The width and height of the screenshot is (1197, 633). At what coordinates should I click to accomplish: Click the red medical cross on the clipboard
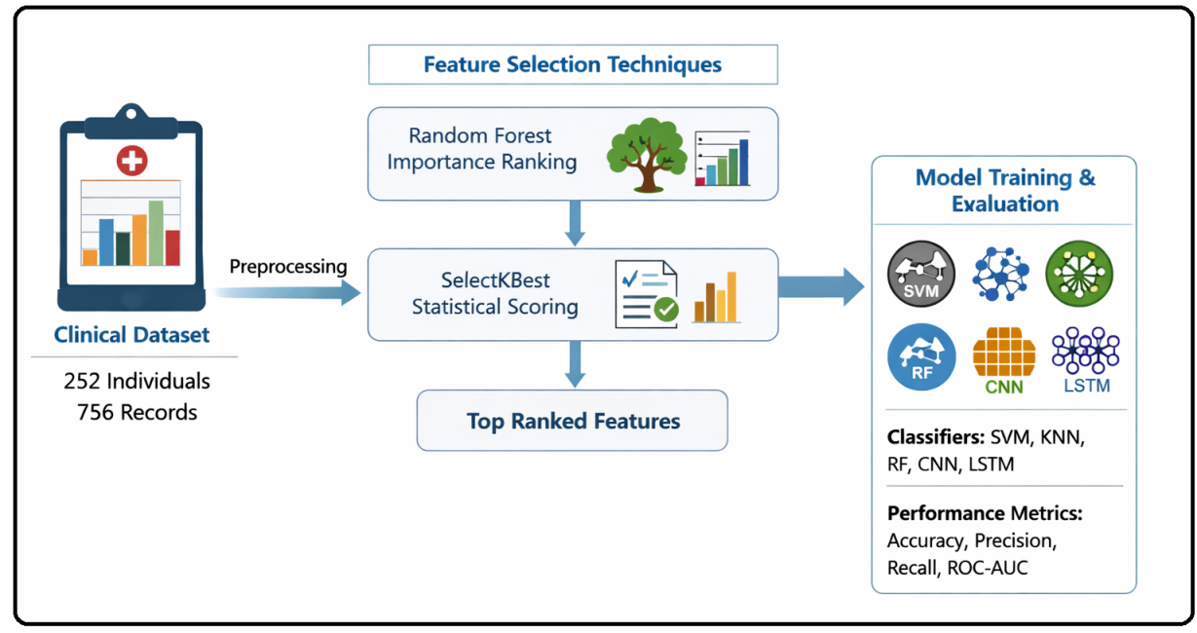(131, 160)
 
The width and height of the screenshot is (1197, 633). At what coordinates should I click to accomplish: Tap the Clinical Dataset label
(131, 335)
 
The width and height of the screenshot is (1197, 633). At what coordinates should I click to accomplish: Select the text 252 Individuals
(136, 381)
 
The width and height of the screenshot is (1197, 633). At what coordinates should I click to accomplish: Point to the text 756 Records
(136, 412)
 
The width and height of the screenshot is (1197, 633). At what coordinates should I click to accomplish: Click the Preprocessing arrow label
(287, 267)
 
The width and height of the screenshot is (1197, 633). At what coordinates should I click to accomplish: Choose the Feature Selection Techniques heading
(573, 65)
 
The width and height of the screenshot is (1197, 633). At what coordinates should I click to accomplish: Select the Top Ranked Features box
(573, 421)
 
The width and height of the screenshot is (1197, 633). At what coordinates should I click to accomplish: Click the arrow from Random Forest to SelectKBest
(575, 224)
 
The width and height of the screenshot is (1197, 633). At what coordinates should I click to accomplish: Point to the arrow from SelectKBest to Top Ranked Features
(575, 365)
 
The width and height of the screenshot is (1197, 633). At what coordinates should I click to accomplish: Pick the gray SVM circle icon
(921, 275)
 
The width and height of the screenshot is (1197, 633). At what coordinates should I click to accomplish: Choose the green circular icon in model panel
(1079, 275)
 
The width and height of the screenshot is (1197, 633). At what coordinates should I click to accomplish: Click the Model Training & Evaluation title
(1005, 191)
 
